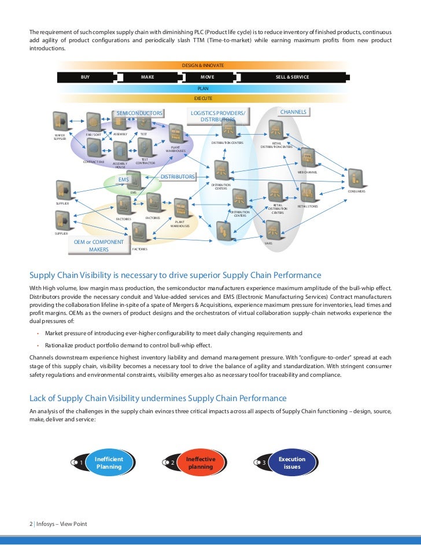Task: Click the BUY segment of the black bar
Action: [85, 77]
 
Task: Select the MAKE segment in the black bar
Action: [147, 77]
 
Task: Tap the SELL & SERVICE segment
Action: [293, 77]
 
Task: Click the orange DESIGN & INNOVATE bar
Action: [203, 66]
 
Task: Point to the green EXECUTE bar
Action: [203, 99]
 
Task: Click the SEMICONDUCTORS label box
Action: [139, 113]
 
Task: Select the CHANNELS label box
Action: [293, 112]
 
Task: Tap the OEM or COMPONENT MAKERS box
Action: [99, 246]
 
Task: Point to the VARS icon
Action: [273, 229]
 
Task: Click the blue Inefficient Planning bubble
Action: [109, 463]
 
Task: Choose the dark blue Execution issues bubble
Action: [292, 463]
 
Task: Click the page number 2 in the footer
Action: [31, 524]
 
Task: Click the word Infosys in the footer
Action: [45, 524]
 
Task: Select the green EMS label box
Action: [123, 180]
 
